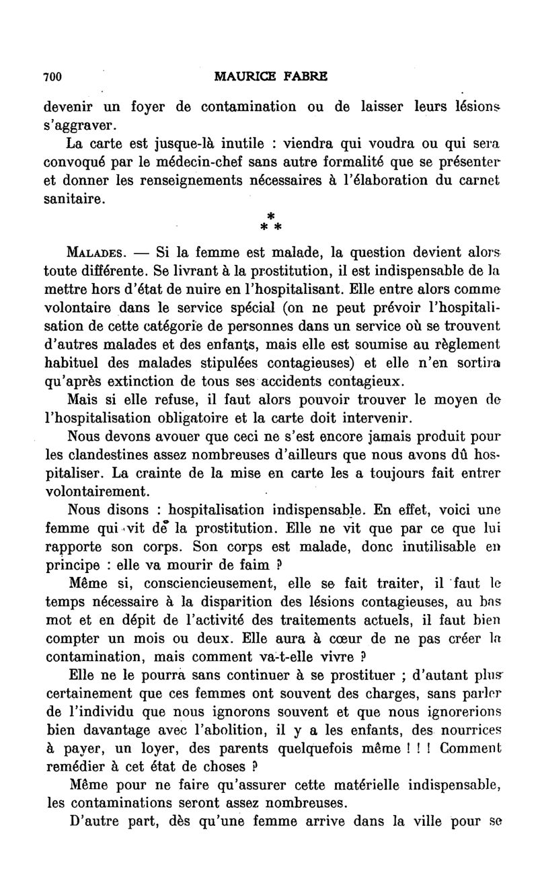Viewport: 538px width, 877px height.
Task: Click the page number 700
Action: [52, 77]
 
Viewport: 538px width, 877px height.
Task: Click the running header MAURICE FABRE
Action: [270, 77]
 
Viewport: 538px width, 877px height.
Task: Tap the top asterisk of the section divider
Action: [270, 215]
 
